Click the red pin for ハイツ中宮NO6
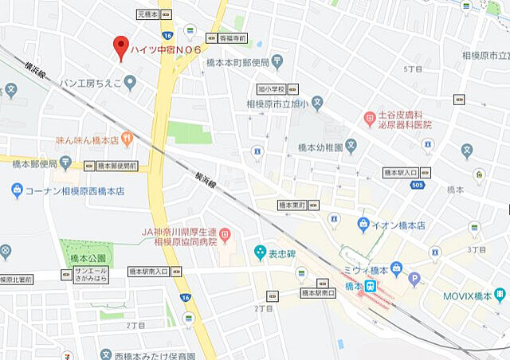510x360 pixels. [121, 45]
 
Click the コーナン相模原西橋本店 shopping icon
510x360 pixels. [17, 190]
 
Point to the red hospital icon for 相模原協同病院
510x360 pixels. [226, 235]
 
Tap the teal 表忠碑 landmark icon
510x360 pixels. [260, 253]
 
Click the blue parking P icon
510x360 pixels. [414, 279]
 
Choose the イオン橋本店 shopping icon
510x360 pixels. [363, 224]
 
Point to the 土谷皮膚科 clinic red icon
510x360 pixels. [369, 119]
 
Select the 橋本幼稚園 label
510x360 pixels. [320, 147]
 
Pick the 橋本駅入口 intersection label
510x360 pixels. [401, 172]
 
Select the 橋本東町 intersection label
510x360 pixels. [292, 205]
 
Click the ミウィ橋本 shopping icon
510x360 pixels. [396, 268]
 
